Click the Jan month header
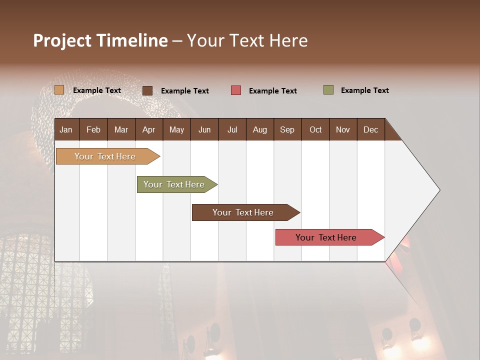pos(66,130)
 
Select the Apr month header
pos(148,130)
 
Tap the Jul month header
pos(232,130)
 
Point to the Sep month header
pos(287,130)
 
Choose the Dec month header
pos(370,130)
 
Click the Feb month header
pos(93,130)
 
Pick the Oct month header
pos(315,130)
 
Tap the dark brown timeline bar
pos(243,212)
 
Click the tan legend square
pos(59,90)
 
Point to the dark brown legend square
pos(147,90)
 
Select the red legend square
pos(236,90)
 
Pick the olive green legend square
pos(328,90)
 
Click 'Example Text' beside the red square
pos(273,91)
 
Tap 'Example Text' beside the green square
pos(365,90)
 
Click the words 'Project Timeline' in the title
pos(100,40)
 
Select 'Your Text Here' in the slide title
pos(247,40)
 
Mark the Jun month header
pos(204,130)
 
